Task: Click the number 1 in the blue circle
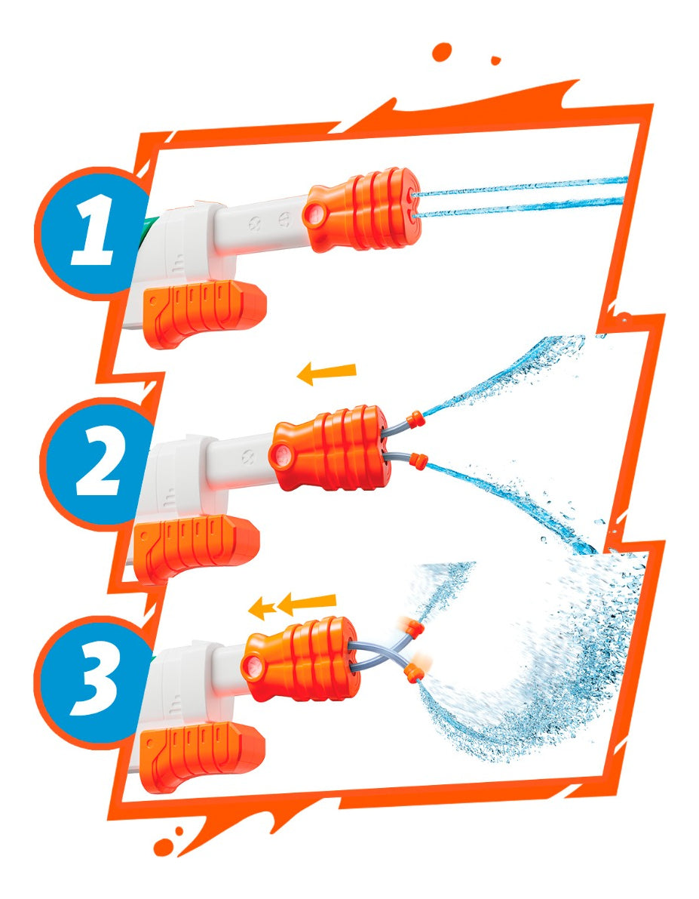click(x=93, y=231)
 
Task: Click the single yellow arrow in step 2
click(x=327, y=373)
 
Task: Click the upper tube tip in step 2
click(x=416, y=418)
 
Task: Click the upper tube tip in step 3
click(x=413, y=626)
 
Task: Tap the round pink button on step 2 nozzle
click(x=280, y=457)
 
